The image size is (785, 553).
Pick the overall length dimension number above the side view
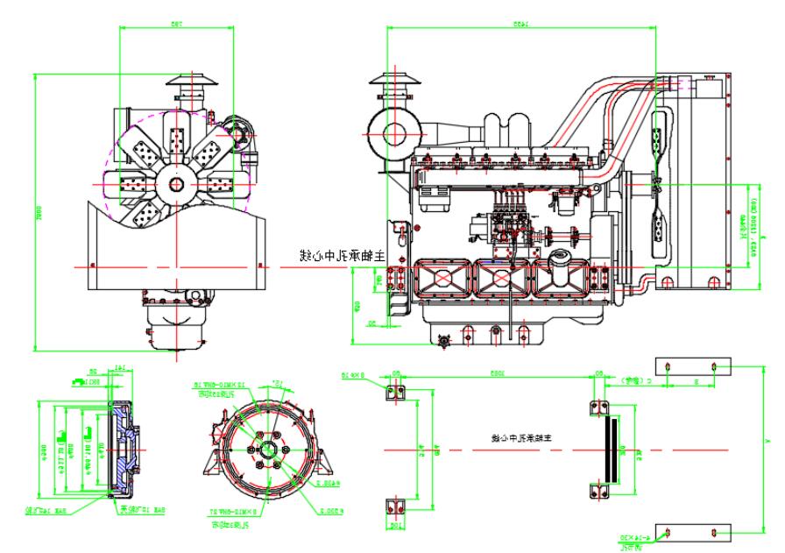click(522, 25)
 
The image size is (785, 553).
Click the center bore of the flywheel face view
click(263, 450)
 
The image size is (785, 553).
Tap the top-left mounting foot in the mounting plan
click(394, 392)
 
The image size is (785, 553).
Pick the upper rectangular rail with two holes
click(690, 365)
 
